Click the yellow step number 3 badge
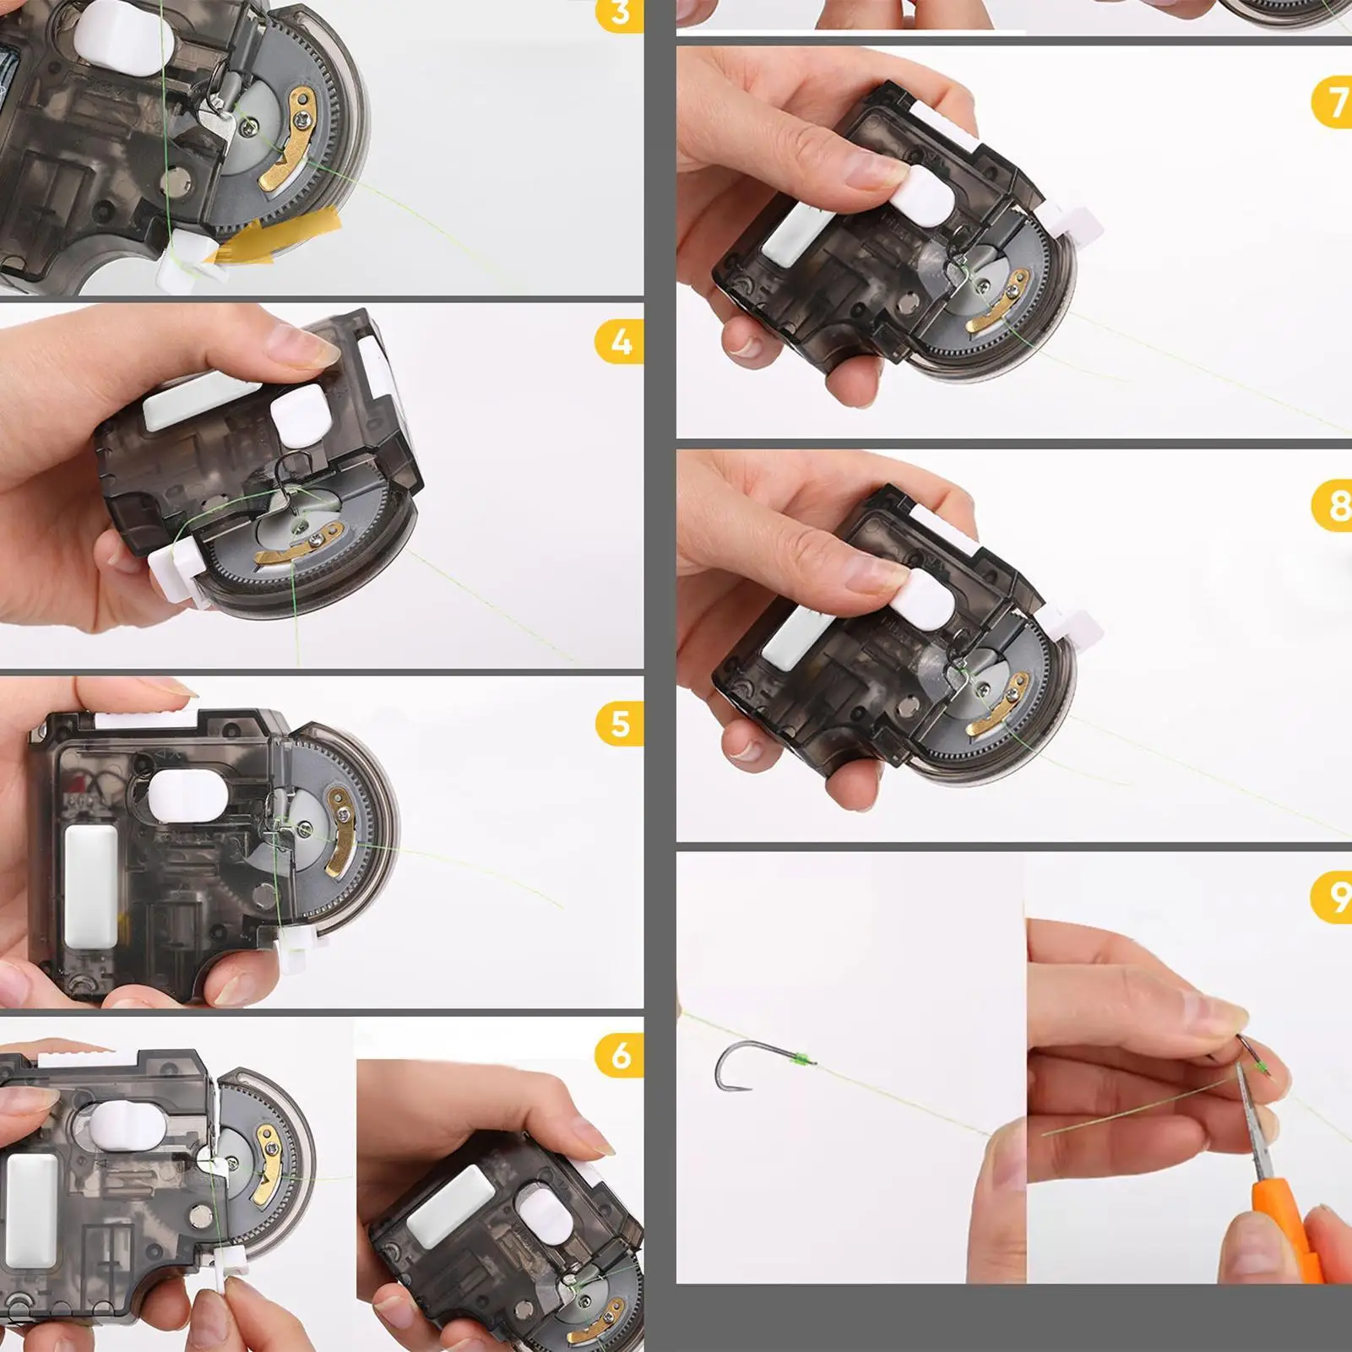click(621, 14)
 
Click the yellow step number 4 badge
click(621, 343)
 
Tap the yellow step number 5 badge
click(621, 725)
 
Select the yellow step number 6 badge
click(621, 1056)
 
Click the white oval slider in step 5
click(187, 798)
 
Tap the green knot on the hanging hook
click(801, 1057)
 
